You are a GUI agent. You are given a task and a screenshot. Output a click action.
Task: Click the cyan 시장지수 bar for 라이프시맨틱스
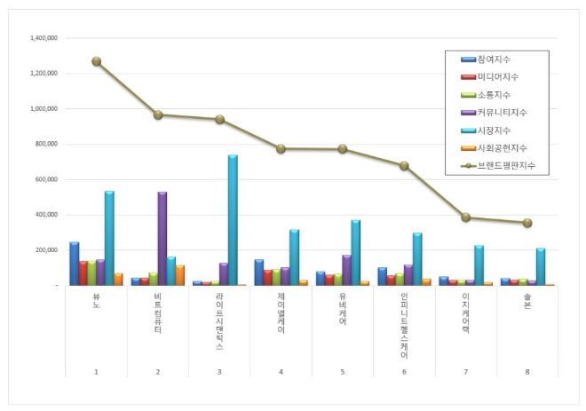233,220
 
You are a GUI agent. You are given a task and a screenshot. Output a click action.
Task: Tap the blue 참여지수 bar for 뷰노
75,263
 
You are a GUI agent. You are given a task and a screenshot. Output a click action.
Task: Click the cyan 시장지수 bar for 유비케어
355,252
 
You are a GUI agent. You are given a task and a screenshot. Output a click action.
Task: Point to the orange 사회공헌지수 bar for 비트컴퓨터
179,275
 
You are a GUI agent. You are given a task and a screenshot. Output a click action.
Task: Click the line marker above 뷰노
96,61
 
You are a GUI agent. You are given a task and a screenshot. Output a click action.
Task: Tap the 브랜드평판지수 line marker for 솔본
527,223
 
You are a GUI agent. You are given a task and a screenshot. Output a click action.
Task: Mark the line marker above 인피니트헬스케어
404,165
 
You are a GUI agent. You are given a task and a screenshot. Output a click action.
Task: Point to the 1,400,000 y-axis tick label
44,39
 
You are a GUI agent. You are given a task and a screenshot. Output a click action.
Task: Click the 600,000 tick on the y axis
45,179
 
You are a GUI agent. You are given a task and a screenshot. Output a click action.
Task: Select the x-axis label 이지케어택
466,315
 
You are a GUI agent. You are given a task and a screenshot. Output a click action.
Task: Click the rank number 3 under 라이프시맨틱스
219,371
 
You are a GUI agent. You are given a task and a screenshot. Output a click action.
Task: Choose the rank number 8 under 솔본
527,371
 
